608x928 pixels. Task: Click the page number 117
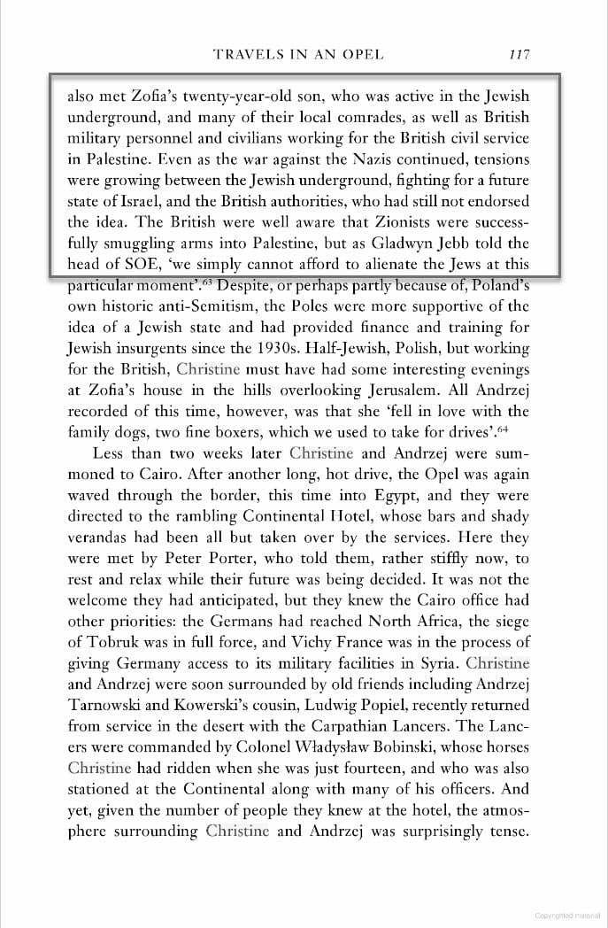(519, 55)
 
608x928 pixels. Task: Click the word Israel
(129, 202)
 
